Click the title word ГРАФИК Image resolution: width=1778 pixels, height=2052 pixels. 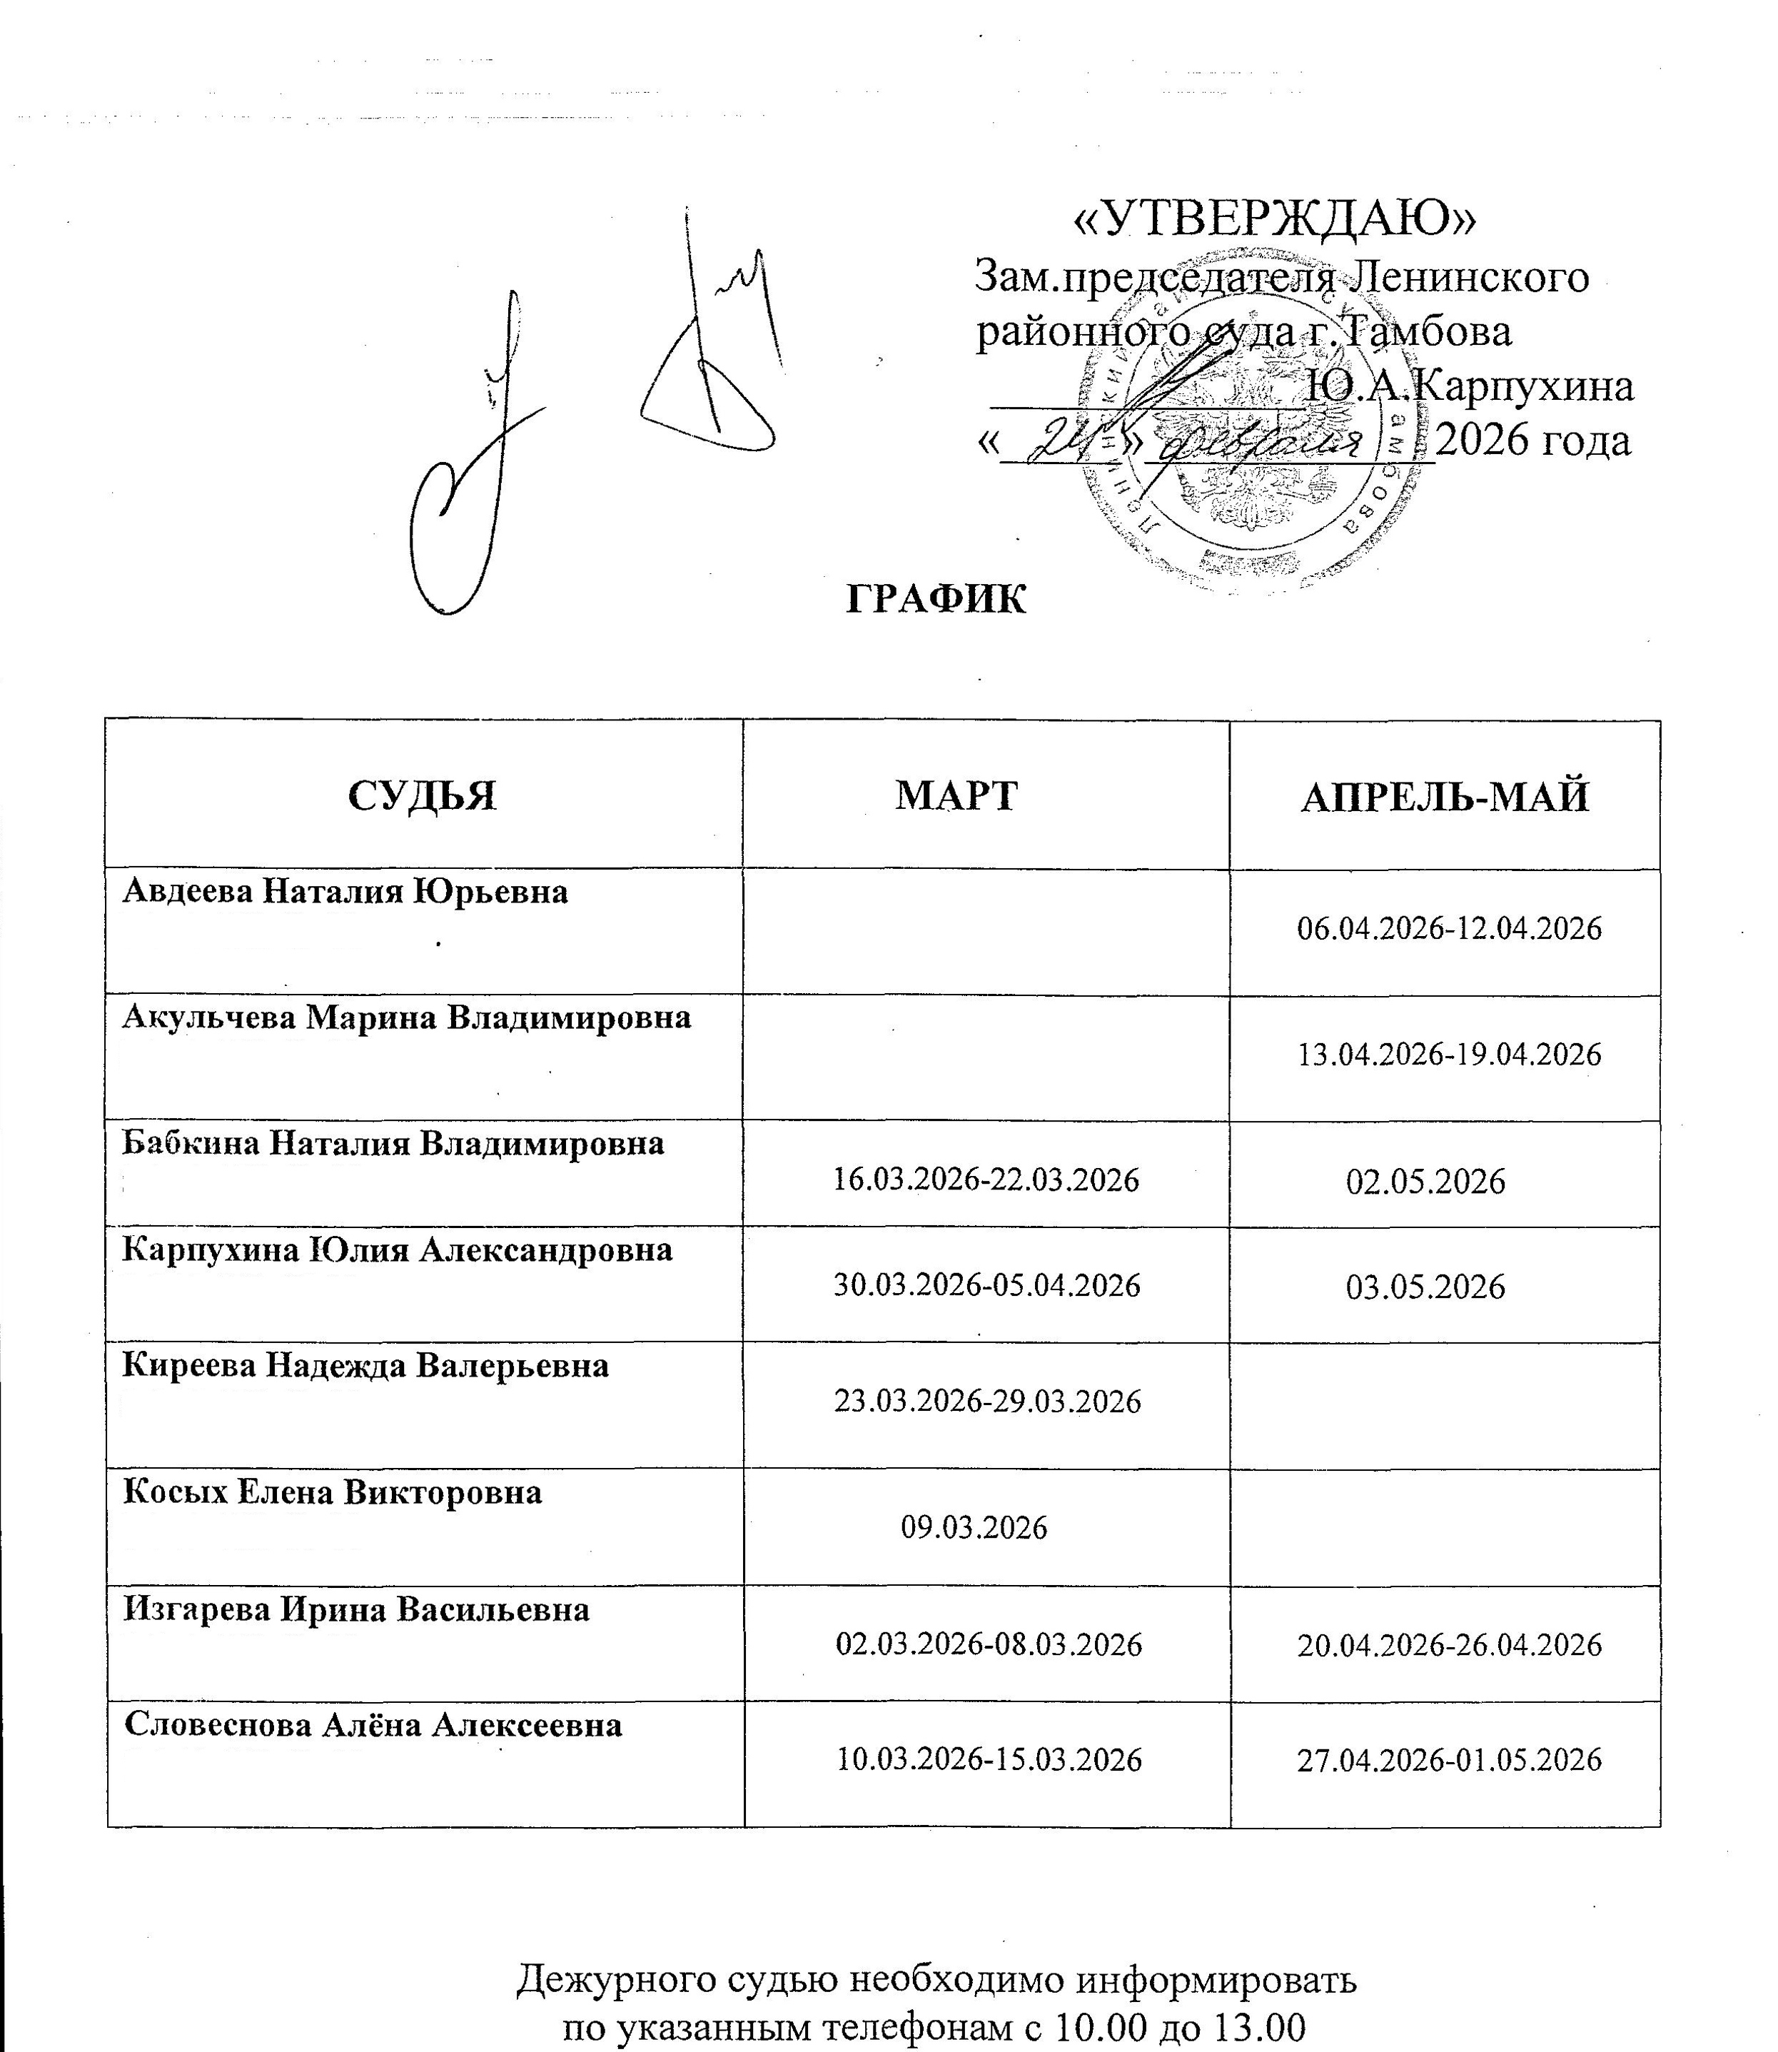click(x=936, y=599)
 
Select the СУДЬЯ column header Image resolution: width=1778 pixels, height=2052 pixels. click(x=423, y=796)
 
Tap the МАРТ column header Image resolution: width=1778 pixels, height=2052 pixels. click(x=956, y=796)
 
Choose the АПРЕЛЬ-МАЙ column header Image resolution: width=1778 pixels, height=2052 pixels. click(x=1445, y=798)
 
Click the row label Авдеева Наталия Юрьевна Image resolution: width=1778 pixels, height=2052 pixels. click(x=345, y=892)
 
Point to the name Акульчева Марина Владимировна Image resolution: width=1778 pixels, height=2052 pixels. click(x=407, y=1017)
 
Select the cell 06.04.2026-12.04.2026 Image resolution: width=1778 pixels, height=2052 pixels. click(x=1450, y=929)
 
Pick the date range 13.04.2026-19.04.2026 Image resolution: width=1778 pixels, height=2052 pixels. click(x=1450, y=1054)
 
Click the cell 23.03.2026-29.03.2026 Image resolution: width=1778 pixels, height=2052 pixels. click(x=986, y=1401)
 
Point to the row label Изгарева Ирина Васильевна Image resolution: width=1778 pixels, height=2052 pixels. click(x=356, y=1609)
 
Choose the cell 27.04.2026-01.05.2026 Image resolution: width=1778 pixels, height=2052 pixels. click(x=1450, y=1760)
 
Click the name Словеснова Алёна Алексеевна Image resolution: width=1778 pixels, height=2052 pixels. click(x=373, y=1724)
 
